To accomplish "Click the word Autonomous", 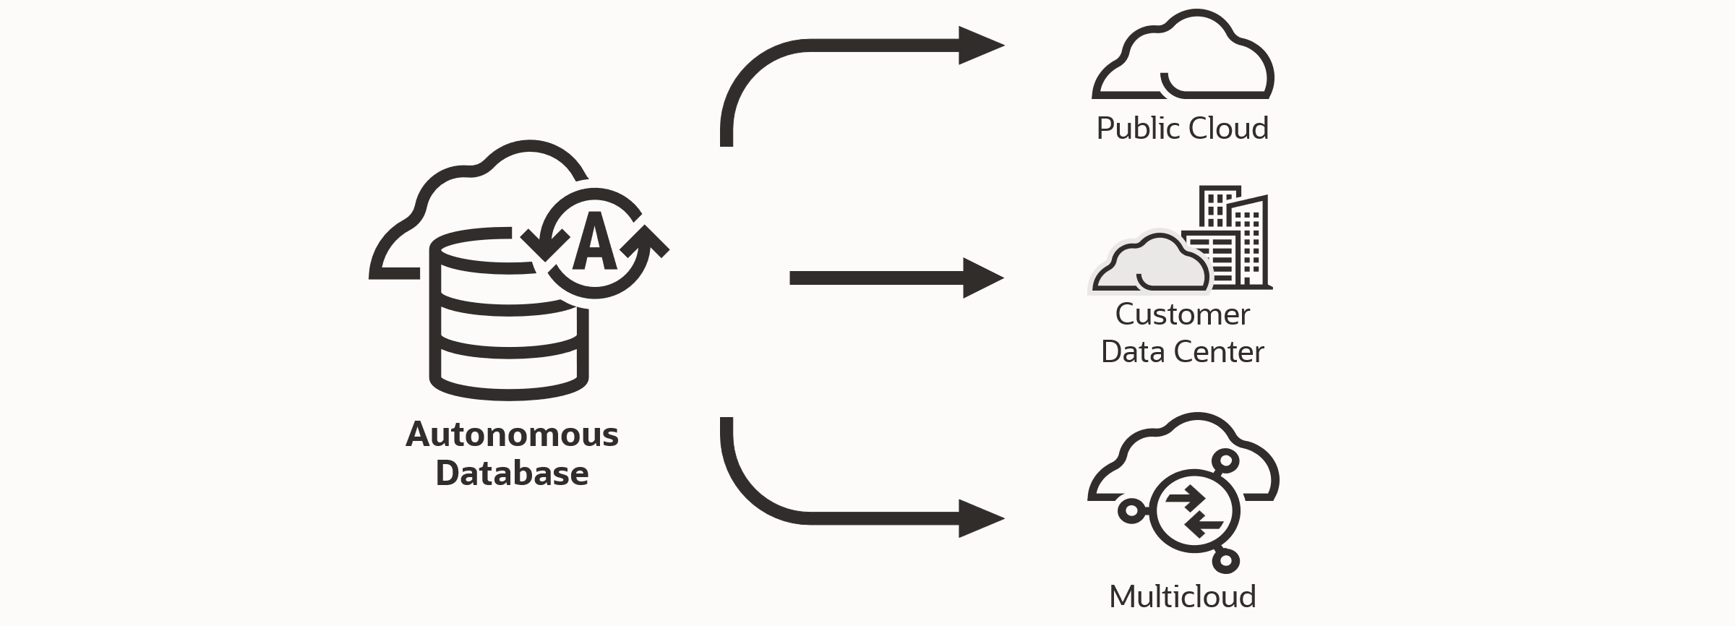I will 512,434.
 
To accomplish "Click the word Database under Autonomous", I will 512,473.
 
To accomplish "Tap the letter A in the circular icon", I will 594,241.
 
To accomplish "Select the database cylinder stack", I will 508,333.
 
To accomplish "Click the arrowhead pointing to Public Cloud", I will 980,46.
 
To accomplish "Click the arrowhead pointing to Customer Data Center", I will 982,278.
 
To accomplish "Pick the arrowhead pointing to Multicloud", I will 980,518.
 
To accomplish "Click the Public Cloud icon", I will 1183,58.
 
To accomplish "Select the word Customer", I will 1182,314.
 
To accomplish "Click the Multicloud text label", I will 1182,597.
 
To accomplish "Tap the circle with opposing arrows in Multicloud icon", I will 1194,511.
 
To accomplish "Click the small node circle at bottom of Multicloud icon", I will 1225,560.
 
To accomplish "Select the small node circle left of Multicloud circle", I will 1131,511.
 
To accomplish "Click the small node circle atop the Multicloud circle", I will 1226,460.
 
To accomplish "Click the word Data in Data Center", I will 1132,352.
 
